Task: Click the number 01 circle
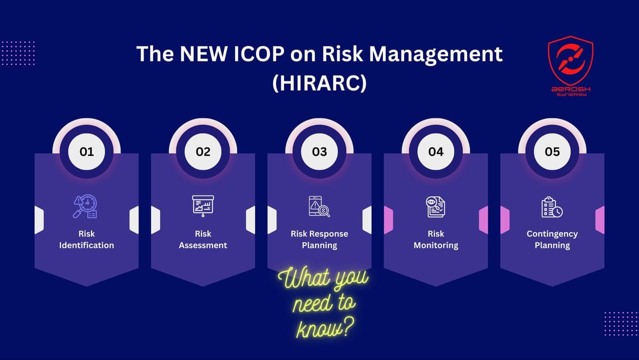[x=86, y=151]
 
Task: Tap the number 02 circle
[x=203, y=151]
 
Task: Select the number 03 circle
[x=319, y=151]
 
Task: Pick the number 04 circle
[x=436, y=151]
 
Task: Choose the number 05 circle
[x=552, y=151]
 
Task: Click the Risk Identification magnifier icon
[x=85, y=206]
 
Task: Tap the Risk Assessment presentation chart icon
[x=203, y=205]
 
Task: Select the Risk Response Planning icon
[x=319, y=206]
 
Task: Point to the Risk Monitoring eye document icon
[x=435, y=206]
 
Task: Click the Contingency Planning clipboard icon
[x=552, y=207]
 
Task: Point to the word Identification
[x=86, y=245]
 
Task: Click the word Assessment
[x=203, y=245]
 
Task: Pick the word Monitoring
[x=436, y=245]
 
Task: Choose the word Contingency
[x=552, y=233]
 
